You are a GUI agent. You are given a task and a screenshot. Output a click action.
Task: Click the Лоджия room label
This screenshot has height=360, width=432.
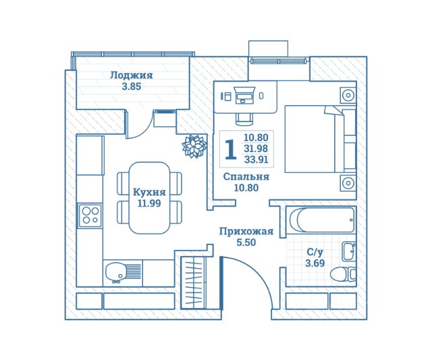(131, 75)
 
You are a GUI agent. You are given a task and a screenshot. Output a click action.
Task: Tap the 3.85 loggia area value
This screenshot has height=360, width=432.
(132, 86)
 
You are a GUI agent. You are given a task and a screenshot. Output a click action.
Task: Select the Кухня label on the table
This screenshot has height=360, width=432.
(149, 192)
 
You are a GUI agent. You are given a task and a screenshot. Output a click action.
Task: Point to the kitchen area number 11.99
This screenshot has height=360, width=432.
(149, 203)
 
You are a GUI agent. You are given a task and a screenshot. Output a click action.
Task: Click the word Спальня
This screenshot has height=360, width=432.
(246, 176)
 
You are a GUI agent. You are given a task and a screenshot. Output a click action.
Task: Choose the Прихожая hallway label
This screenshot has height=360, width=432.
(246, 231)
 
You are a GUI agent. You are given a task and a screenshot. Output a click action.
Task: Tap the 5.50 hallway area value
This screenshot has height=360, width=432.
(246, 242)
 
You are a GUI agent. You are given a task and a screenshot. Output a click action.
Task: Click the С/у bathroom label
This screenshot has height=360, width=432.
(315, 252)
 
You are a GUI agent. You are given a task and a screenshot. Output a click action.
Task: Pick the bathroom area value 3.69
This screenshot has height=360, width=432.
(315, 263)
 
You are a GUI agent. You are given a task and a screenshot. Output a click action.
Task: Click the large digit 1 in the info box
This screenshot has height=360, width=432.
(230, 149)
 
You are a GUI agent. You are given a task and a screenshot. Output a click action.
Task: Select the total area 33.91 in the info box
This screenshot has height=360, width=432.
(256, 159)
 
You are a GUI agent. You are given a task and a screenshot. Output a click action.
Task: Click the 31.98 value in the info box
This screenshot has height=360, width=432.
(256, 149)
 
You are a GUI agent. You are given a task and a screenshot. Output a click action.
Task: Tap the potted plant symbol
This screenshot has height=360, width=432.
(194, 147)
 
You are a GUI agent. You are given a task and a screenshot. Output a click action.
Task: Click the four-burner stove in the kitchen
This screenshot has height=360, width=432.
(90, 215)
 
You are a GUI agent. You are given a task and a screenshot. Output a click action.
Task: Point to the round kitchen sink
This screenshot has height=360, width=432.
(115, 272)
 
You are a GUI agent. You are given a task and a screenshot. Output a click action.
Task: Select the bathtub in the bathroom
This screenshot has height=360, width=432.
(321, 220)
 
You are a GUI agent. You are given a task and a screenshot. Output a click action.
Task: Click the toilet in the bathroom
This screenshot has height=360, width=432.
(343, 274)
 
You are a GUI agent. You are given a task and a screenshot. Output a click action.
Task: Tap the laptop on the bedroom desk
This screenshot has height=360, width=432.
(244, 95)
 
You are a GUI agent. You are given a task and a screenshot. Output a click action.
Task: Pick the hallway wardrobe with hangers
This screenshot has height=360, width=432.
(194, 282)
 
